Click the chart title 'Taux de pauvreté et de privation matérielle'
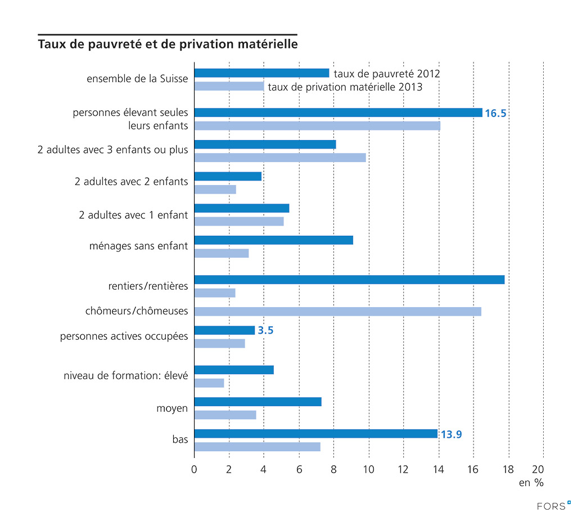[x=168, y=43]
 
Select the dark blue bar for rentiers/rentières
[x=349, y=280]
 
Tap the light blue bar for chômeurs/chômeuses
[x=337, y=312]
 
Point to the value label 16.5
[x=495, y=114]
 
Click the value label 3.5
[x=265, y=331]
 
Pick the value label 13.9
[x=451, y=434]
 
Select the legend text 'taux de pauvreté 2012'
[x=386, y=74]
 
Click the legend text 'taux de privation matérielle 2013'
[x=345, y=87]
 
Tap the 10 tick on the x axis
[x=369, y=469]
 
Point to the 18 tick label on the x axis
[x=508, y=469]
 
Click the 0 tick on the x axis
[x=194, y=469]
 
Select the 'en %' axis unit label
[x=531, y=483]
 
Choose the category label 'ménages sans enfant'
[x=138, y=246]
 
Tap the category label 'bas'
[x=180, y=439]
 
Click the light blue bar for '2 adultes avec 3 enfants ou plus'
[x=280, y=158]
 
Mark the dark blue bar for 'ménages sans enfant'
[x=273, y=240]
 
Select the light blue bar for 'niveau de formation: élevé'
[x=209, y=383]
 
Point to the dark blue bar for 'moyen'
[x=258, y=402]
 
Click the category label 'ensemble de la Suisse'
[x=137, y=79]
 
